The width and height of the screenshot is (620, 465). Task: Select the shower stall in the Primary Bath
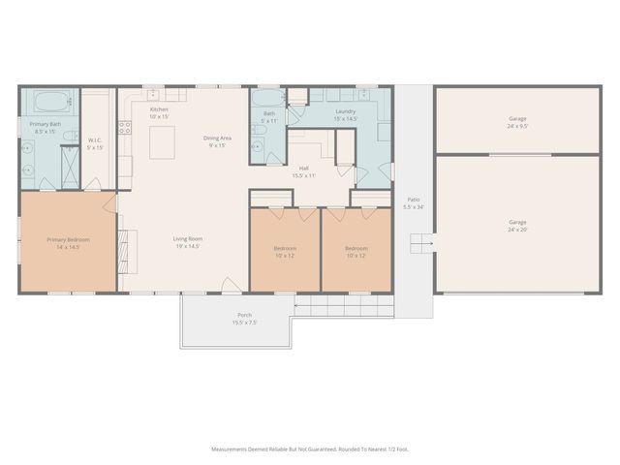pos(69,159)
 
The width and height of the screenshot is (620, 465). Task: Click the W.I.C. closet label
pos(95,142)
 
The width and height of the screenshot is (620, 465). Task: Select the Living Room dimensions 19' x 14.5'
pos(187,246)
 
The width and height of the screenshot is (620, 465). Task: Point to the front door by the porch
pos(231,286)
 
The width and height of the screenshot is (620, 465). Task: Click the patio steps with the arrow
pos(420,241)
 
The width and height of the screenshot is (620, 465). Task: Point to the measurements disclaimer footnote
pos(309,449)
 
